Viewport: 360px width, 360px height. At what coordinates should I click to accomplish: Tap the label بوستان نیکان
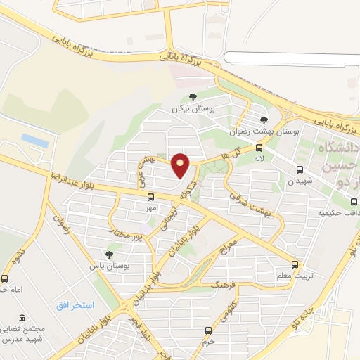coord(193,110)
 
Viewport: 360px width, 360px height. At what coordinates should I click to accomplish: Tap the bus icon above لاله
coord(259,148)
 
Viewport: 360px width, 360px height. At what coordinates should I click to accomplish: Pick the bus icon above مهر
coord(149,198)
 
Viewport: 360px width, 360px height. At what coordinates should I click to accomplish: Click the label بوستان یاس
coord(107,266)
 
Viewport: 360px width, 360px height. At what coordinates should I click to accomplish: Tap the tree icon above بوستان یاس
coord(108,255)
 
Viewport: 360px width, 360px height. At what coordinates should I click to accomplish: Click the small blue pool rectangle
coord(35,141)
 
